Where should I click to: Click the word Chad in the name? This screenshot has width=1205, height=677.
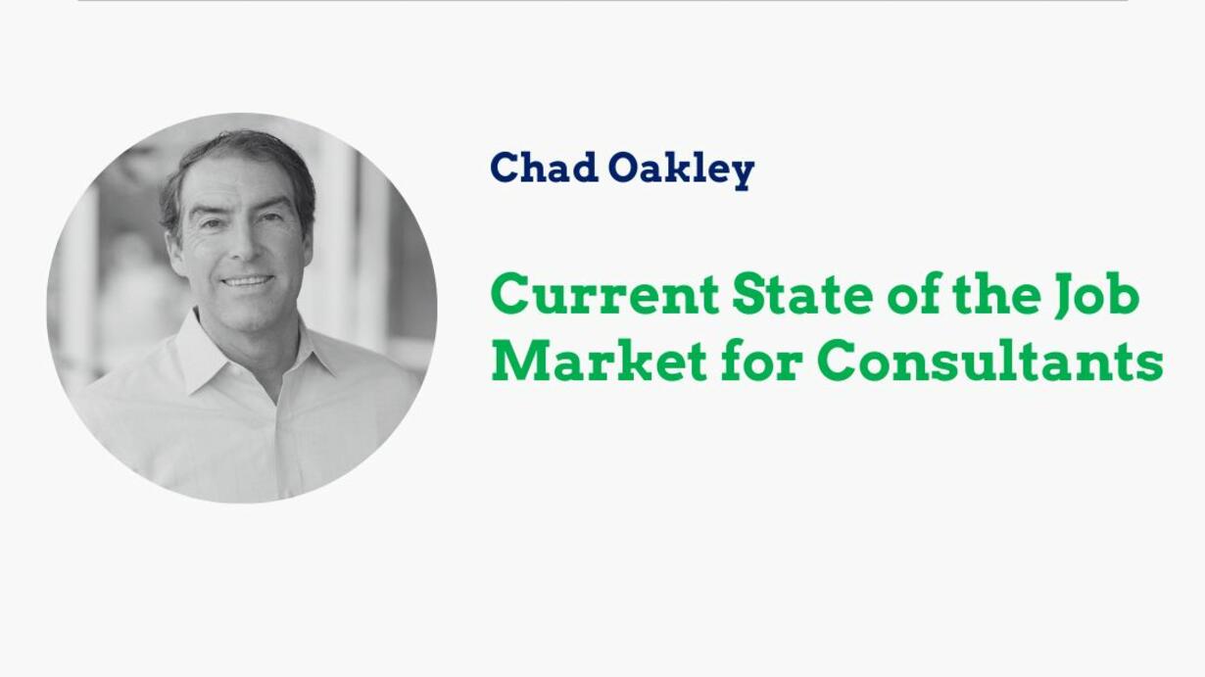pyautogui.click(x=545, y=167)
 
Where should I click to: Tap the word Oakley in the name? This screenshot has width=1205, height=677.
pyautogui.click(x=682, y=170)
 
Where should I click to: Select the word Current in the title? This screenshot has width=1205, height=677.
pyautogui.click(x=604, y=294)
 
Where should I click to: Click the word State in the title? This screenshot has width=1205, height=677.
pyautogui.click(x=801, y=294)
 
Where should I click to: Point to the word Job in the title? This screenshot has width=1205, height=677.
pyautogui.click(x=1096, y=296)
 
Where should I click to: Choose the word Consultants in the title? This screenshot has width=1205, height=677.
pyautogui.click(x=990, y=360)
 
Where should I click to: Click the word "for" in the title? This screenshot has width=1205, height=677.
pyautogui.click(x=763, y=360)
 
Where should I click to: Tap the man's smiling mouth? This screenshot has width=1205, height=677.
pyautogui.click(x=248, y=281)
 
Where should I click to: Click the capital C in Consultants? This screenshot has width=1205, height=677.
pyautogui.click(x=837, y=360)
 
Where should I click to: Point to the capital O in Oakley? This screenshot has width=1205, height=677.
pyautogui.click(x=625, y=168)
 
